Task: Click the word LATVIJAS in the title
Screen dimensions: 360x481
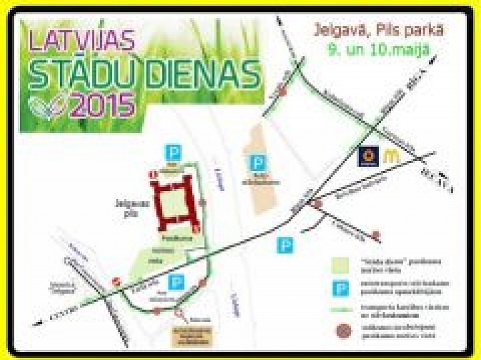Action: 82,41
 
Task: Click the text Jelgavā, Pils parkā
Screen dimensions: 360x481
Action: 371,29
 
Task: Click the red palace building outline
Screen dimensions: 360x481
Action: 178,202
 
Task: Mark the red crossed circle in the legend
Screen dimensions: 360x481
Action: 341,329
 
